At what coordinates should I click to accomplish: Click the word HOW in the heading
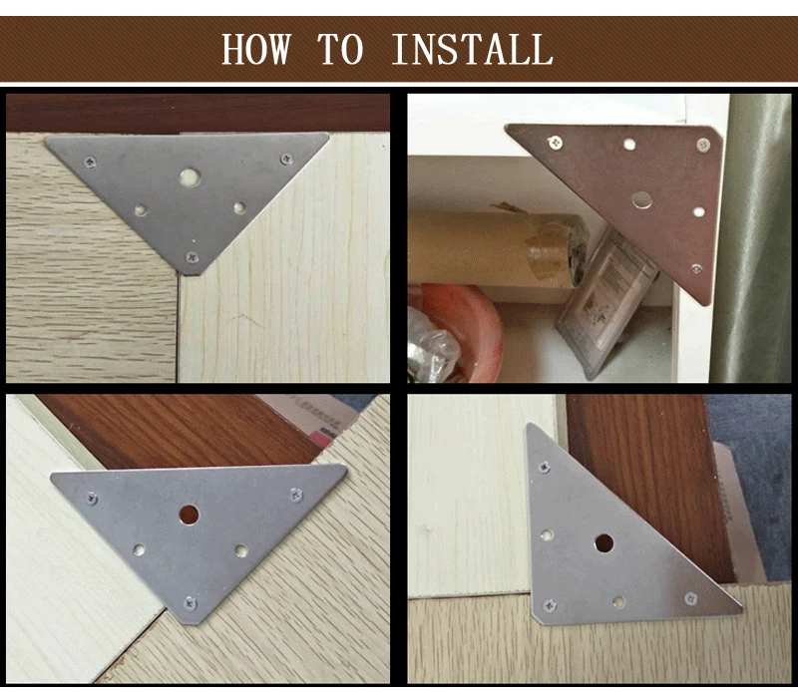(256, 49)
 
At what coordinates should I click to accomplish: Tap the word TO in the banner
(340, 49)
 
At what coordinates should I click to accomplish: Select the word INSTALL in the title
(472, 49)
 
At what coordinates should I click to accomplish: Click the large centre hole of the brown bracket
(641, 200)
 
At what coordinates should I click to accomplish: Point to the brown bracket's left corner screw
(556, 143)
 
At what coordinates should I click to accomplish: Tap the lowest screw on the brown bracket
(696, 268)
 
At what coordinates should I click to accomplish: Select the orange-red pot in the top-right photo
(455, 332)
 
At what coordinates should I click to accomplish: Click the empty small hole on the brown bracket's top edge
(630, 144)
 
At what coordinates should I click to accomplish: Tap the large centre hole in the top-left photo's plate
(190, 176)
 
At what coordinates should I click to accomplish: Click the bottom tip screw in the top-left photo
(192, 257)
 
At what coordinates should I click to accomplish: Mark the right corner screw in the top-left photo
(286, 160)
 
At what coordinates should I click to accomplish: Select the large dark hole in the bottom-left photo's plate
(189, 515)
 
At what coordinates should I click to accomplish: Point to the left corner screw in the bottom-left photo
(92, 499)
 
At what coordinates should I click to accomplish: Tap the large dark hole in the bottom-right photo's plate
(603, 543)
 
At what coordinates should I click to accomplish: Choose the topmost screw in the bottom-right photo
(545, 466)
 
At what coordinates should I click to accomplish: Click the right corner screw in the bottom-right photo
(690, 598)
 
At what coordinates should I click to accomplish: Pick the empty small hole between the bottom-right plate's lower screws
(618, 602)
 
